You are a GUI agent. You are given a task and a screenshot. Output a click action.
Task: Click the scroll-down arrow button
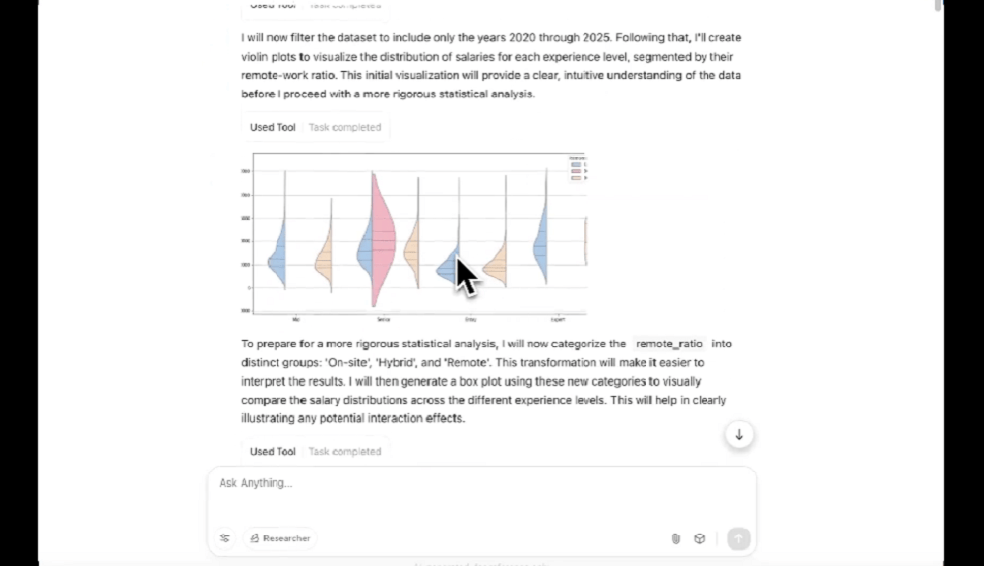click(739, 434)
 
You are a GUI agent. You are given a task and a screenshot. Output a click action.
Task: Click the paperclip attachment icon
click(676, 538)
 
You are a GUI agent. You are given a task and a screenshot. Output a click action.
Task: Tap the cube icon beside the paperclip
click(700, 538)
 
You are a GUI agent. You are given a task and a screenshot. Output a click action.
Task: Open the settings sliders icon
click(225, 538)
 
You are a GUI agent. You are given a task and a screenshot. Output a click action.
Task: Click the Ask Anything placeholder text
click(256, 483)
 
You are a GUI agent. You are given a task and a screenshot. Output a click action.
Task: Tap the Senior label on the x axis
click(381, 320)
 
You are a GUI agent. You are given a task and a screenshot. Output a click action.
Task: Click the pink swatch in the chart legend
click(576, 171)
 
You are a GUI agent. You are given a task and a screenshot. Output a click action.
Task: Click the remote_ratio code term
click(669, 344)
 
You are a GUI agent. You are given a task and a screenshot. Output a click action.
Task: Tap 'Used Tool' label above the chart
click(273, 127)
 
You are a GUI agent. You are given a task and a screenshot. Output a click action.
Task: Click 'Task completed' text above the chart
click(344, 127)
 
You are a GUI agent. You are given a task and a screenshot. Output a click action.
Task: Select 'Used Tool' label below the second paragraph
click(273, 451)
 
